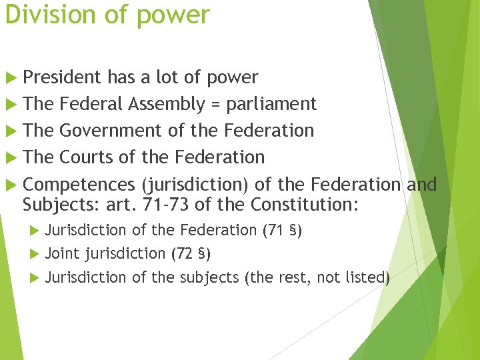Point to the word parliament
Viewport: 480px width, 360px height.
click(x=271, y=105)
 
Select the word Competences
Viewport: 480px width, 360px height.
click(x=79, y=185)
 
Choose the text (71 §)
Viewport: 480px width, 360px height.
click(x=283, y=231)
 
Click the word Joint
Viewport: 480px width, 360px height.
click(x=62, y=253)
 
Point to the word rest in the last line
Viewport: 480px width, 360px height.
click(x=290, y=277)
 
